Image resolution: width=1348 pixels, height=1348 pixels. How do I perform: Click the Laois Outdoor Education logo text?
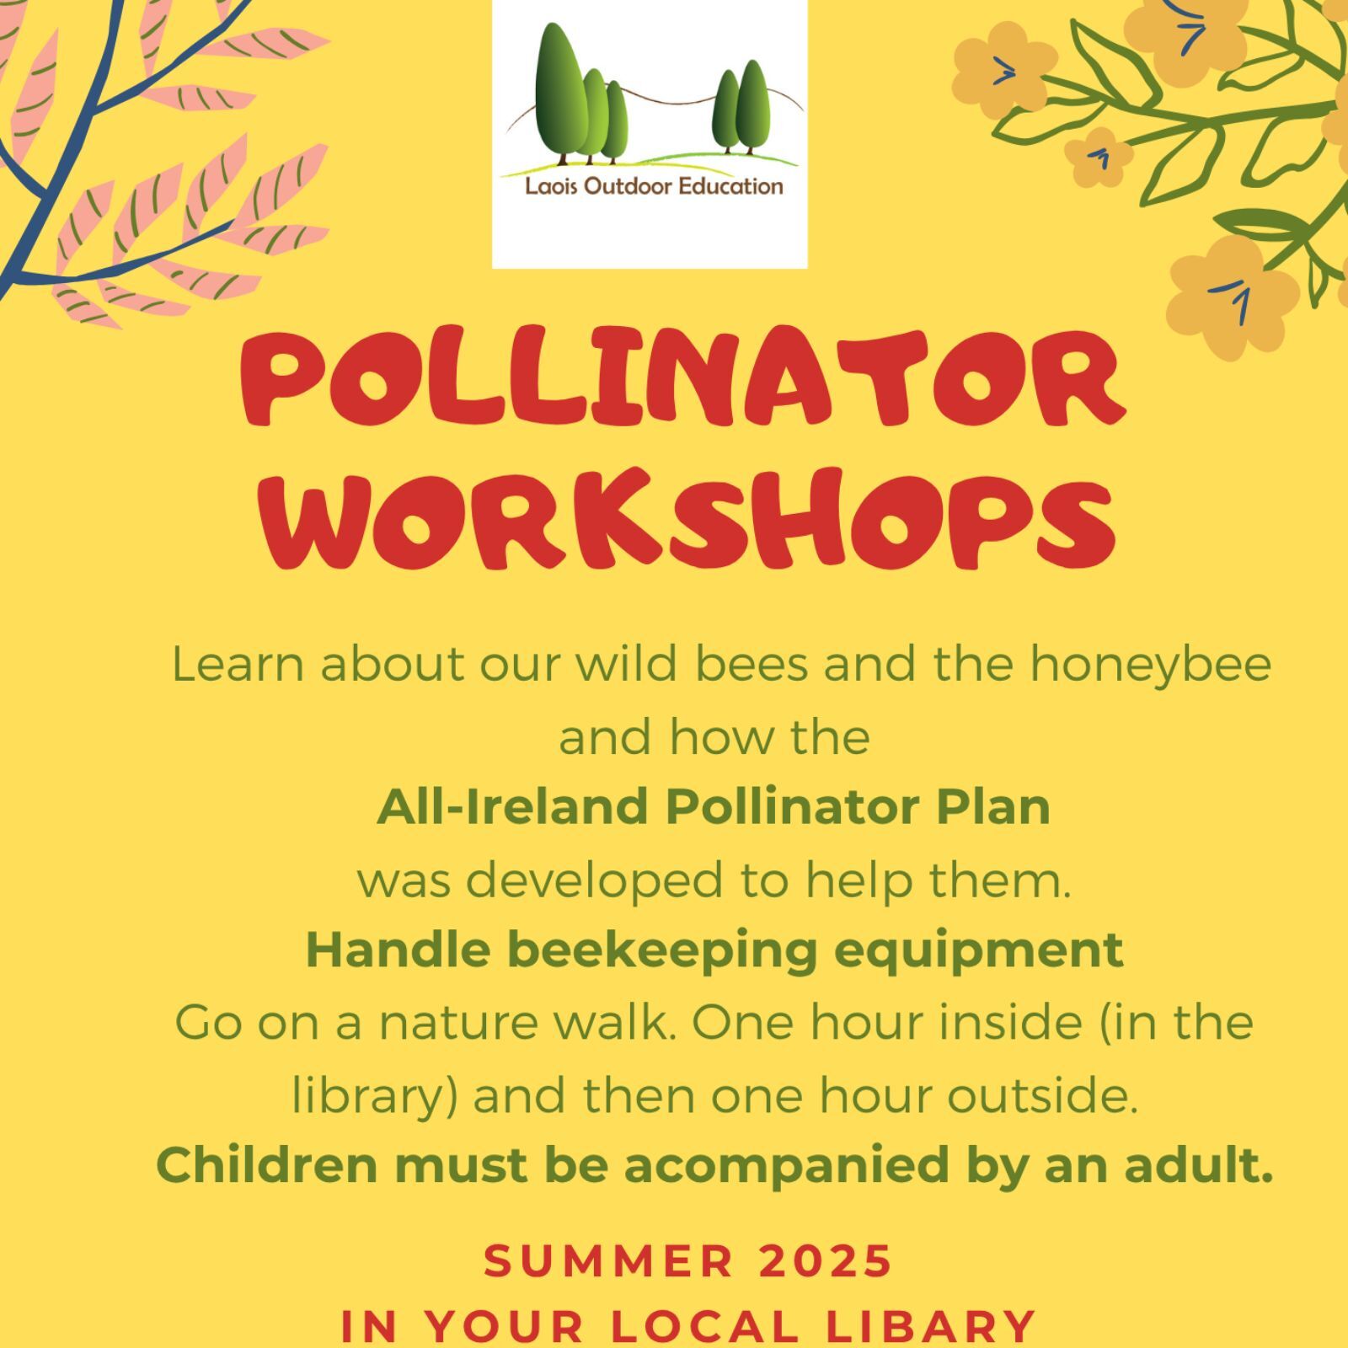pos(654,186)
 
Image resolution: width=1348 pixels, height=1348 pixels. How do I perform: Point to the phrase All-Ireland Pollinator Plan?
pos(714,807)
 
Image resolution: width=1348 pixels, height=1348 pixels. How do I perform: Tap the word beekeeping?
pos(662,950)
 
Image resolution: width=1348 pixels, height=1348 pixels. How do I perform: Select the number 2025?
pos(825,1261)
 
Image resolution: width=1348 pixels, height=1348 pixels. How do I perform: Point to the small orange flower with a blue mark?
pos(1099,158)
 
